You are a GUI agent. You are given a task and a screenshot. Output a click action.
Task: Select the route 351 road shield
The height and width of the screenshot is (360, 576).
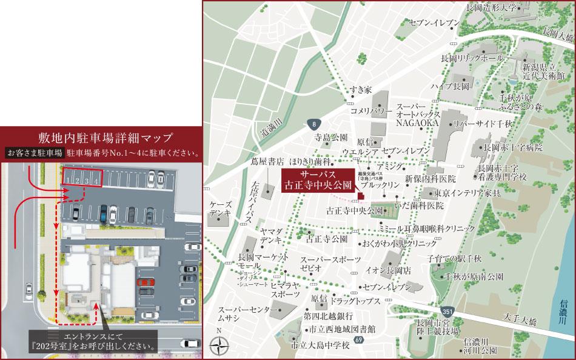pyautogui.click(x=446, y=311)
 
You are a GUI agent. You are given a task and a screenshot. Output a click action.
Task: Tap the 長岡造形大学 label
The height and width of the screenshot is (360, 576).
pyautogui.click(x=491, y=8)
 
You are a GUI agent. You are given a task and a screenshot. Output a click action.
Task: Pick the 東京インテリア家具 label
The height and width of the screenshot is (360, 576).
pyautogui.click(x=467, y=193)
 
